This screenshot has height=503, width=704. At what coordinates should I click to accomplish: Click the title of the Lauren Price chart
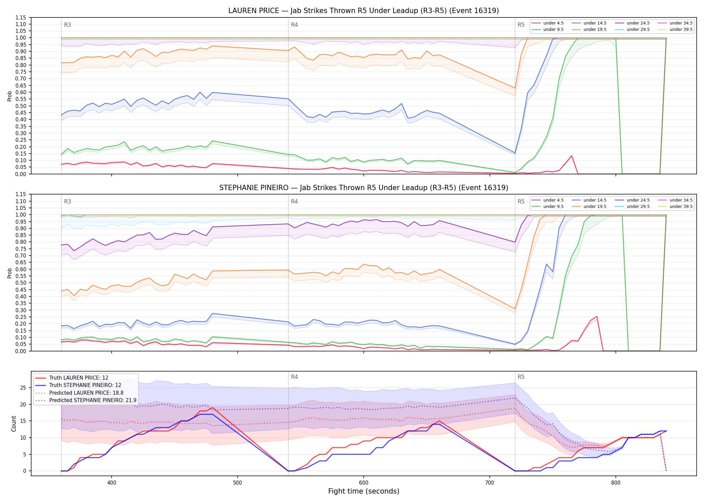pos(363,11)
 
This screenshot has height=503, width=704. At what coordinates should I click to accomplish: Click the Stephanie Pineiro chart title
pos(363,188)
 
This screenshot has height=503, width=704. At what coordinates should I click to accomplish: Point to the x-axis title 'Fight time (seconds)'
pos(364,491)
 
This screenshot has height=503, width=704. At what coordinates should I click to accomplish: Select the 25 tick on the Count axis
pos(23,388)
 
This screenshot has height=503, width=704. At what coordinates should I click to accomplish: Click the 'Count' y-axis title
pos(14,424)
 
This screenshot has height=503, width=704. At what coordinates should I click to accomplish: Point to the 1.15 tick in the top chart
pos(21,17)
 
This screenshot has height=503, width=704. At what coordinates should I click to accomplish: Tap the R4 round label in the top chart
pos(294,25)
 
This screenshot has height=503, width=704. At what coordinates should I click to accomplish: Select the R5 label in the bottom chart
pos(521,377)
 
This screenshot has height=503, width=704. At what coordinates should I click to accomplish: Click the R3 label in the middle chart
pos(67,202)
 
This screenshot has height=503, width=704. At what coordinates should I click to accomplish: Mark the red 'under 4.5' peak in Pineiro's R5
pos(597,316)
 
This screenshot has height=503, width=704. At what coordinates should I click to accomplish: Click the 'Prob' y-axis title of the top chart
pos(10,96)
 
